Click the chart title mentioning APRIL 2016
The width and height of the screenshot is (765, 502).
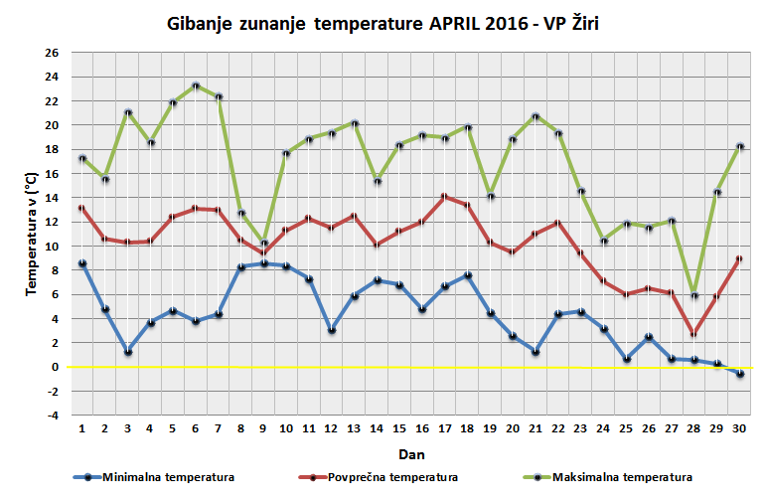382,22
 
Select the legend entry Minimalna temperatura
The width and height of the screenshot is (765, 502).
167,477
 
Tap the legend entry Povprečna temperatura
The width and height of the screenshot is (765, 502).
393,477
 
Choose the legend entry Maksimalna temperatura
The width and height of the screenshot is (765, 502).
622,477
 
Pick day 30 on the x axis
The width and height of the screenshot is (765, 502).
740,429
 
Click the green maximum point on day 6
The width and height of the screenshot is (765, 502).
197,85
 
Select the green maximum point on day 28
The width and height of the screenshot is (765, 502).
694,295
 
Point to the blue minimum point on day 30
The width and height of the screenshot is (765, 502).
740,374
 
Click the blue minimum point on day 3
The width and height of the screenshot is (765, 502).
128,352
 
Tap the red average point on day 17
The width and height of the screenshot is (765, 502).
446,197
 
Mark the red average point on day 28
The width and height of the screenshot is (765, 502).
694,334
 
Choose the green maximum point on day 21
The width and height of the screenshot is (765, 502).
536,116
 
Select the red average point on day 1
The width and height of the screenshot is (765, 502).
82,208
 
